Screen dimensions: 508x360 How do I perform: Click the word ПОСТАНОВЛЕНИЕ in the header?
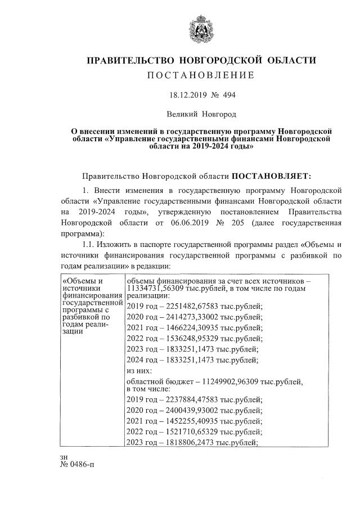200,75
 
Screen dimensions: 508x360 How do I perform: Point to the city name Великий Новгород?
200,115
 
